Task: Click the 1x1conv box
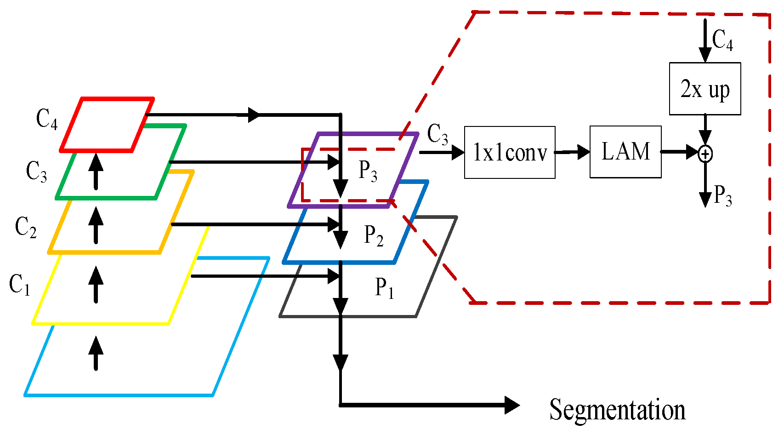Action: coord(510,152)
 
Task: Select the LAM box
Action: coord(625,152)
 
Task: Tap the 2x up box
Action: coord(705,89)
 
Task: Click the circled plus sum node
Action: coord(705,154)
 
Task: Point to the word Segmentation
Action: coord(617,410)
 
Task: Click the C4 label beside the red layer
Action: coord(47,119)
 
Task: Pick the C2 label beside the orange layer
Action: coord(26,227)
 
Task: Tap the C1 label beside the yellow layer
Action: coord(20,285)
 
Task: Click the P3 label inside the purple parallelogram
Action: coord(368,171)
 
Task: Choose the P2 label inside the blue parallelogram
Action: coord(374,235)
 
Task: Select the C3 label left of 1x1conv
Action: coord(437,134)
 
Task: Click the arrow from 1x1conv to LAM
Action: coord(573,152)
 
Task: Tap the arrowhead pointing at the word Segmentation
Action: coord(511,405)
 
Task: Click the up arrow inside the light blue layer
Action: coord(96,353)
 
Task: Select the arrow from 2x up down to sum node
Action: coord(705,130)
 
